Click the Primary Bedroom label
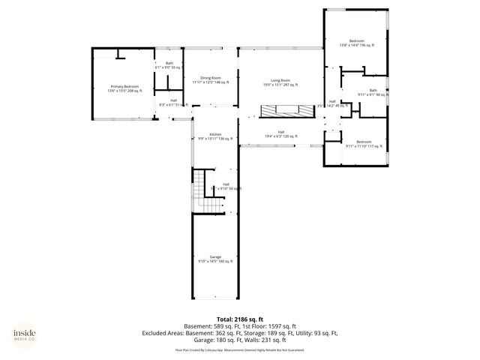[x=123, y=88]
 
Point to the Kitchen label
[x=205, y=136]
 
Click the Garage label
[x=215, y=259]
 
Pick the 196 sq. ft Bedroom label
[x=356, y=43]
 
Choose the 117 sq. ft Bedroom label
[x=364, y=144]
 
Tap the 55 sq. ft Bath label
[x=169, y=65]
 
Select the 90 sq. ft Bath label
[x=373, y=93]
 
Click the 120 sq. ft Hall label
[x=280, y=134]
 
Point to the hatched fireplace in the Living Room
[x=285, y=111]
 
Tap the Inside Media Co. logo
[x=28, y=334]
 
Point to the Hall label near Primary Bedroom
[x=173, y=102]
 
